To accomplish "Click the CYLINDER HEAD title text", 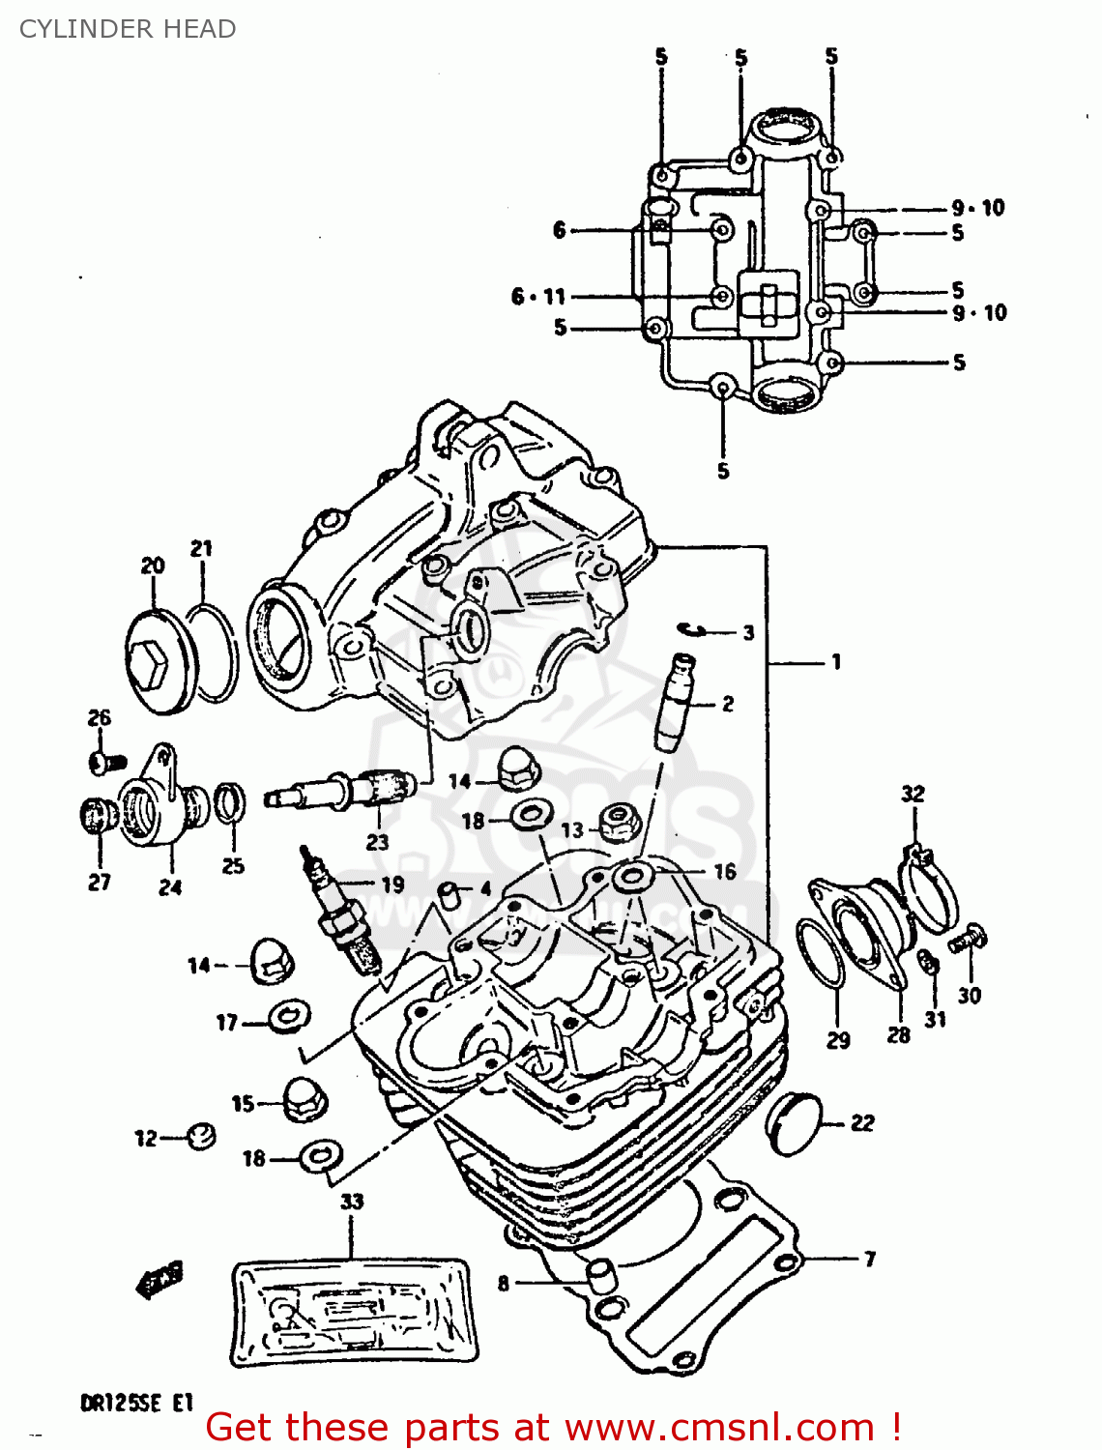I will (x=128, y=29).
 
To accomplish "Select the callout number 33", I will (x=351, y=1202).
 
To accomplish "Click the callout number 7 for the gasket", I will (x=870, y=1259).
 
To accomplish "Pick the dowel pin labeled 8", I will (x=601, y=1276).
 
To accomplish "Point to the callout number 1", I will (x=836, y=662).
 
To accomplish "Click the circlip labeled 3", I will (x=694, y=630).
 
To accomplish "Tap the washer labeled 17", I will (x=288, y=1016).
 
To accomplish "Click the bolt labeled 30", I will (x=967, y=938).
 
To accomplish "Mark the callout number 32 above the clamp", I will (x=913, y=794).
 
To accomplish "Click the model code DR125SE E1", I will (x=137, y=1403).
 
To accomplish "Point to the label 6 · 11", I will (x=537, y=297).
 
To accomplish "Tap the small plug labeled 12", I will (x=200, y=1136).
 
